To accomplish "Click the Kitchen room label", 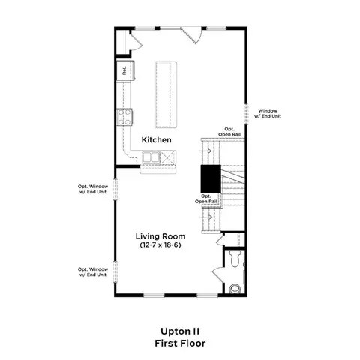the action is pos(157,140).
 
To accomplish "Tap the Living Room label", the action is pos(160,236).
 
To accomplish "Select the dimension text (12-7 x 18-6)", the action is pos(160,245).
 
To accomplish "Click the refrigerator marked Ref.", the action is pos(125,70).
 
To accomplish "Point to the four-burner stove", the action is pos(124,117).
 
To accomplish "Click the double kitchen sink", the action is pos(151,157).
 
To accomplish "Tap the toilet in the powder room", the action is pos(235,259).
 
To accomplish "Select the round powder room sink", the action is pos(235,289).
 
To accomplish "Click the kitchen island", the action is pos(166,94).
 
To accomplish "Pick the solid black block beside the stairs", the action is pos(211,178).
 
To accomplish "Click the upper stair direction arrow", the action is pos(205,151).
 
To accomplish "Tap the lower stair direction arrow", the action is pos(206,217).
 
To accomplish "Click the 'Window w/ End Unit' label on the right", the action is pos(268,113).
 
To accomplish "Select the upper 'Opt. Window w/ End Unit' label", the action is pos(93,189).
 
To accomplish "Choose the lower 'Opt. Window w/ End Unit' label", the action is pos(93,271).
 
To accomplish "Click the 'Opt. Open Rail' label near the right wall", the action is pos(229,132).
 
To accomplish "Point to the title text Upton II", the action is pos(180,331).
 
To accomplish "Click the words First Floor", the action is pos(180,343).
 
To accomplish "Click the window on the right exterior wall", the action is pos(246,114).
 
